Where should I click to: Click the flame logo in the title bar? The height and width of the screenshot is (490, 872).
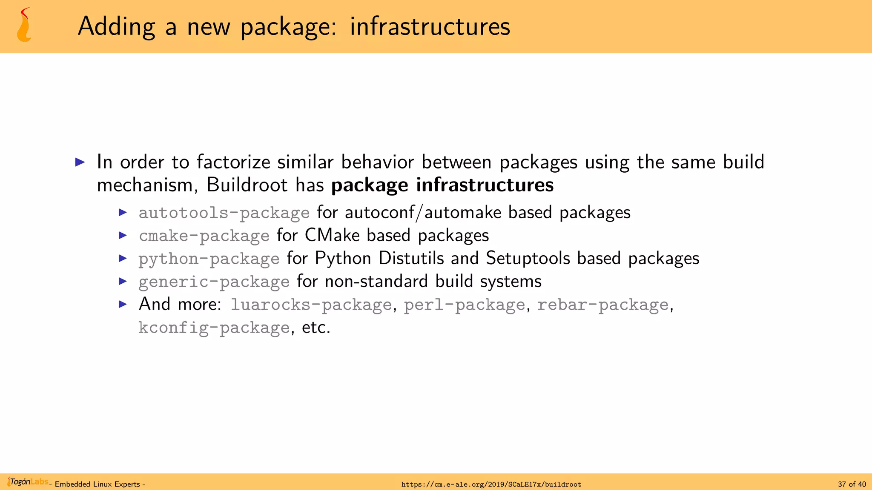pyautogui.click(x=24, y=26)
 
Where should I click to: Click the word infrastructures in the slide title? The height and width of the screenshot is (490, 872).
pyautogui.click(x=430, y=26)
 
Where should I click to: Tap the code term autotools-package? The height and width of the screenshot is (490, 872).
pyautogui.click(x=224, y=213)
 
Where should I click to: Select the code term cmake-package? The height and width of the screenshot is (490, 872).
pyautogui.click(x=204, y=236)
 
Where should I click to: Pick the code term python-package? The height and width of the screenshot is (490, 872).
pyautogui.click(x=209, y=259)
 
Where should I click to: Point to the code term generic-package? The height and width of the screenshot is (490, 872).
pyautogui.click(x=214, y=282)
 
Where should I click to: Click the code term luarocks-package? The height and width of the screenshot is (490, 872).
pyautogui.click(x=311, y=305)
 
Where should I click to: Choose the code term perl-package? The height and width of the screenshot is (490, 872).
pyautogui.click(x=464, y=305)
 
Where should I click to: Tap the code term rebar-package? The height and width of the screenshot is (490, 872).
pyautogui.click(x=602, y=305)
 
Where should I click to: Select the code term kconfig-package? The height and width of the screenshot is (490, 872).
pyautogui.click(x=214, y=328)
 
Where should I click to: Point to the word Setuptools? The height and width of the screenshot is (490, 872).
pyautogui.click(x=528, y=258)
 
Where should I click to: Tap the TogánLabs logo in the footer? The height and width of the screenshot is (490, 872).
pyautogui.click(x=28, y=482)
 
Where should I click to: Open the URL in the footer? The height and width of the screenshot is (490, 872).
pyautogui.click(x=491, y=484)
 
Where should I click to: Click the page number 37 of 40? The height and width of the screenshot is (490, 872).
pyautogui.click(x=852, y=484)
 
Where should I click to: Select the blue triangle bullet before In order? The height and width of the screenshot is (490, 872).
pyautogui.click(x=80, y=162)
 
